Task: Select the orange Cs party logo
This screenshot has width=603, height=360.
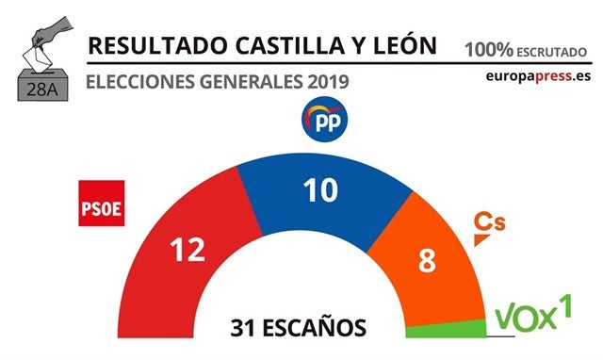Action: coord(488,225)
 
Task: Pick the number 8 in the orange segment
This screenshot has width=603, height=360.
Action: coord(427,260)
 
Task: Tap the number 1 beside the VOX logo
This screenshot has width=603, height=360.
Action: coord(567,304)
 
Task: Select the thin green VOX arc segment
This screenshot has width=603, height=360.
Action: coord(448,329)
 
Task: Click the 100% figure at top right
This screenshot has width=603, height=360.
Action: coord(487,46)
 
